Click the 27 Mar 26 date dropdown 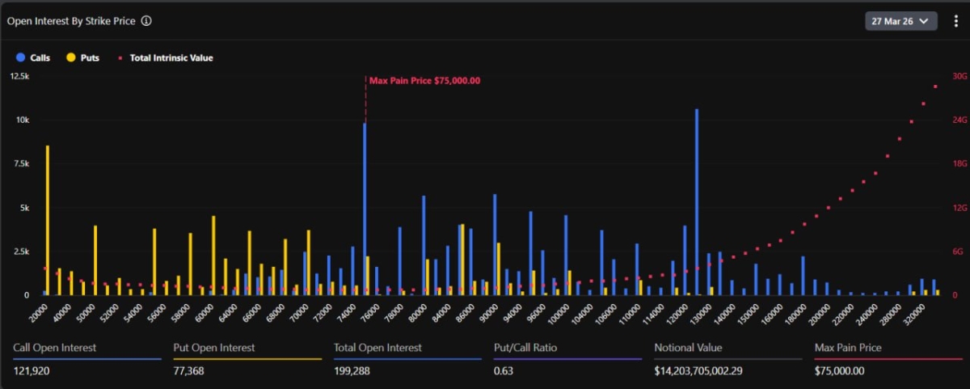[900, 21]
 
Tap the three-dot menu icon [955, 21]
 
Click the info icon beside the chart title [146, 21]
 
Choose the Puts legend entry [82, 58]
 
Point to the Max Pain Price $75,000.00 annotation [424, 81]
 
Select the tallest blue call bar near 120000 [697, 202]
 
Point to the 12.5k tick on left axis [19, 76]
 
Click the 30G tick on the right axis [959, 76]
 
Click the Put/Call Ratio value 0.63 [504, 370]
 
